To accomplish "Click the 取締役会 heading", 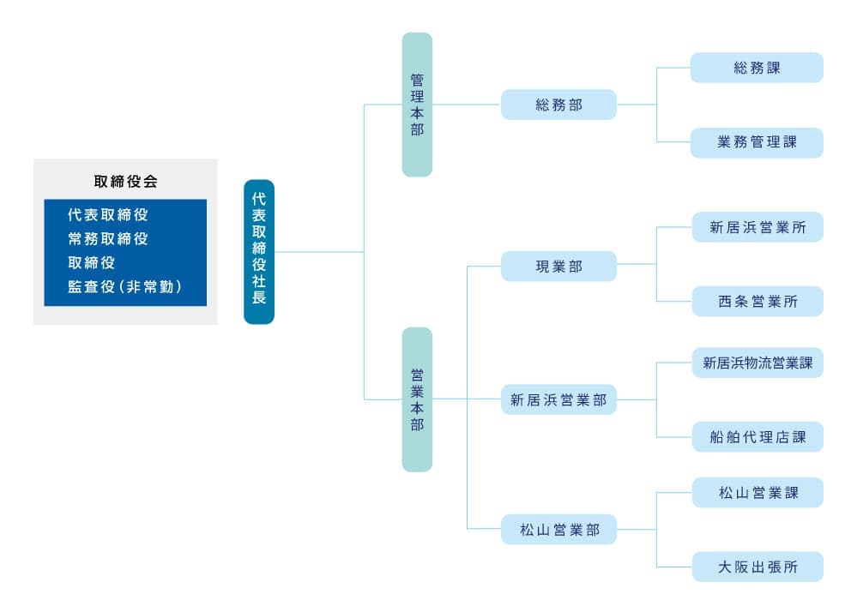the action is (x=125, y=182).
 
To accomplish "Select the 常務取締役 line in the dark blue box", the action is (x=108, y=238).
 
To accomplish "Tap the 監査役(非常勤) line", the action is (x=124, y=286).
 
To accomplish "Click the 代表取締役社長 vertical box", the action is (x=259, y=251).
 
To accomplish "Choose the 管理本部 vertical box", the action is (x=417, y=105).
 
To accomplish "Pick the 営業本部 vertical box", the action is (x=417, y=399).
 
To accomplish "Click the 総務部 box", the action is (x=558, y=105).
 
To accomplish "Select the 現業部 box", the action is (x=558, y=266).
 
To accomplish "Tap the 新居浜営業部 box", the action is (x=558, y=399).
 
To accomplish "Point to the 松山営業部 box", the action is (x=558, y=530).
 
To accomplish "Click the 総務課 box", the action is (x=757, y=68).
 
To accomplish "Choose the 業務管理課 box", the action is (x=757, y=143).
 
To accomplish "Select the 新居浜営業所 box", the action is (x=757, y=227).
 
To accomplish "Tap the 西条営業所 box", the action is (x=757, y=302).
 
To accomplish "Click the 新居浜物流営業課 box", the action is (x=757, y=363).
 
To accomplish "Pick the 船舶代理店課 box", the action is (x=757, y=437).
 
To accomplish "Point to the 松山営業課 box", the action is (x=757, y=493).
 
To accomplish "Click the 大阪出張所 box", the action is (x=757, y=567).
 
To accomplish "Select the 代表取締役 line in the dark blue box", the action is (x=108, y=215).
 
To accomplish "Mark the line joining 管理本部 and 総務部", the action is (x=467, y=104).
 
